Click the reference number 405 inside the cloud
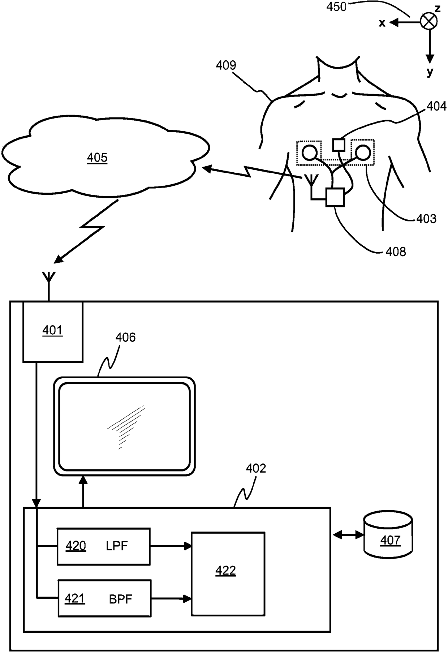tap(97, 158)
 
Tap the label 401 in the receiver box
tap(52, 330)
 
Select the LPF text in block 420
tap(117, 546)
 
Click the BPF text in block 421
tap(121, 599)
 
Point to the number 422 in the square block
tap(225, 571)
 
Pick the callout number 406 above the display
tap(125, 337)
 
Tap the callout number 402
tap(256, 468)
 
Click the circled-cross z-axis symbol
tap(429, 22)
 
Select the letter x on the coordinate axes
tap(382, 23)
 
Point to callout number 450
tap(336, 7)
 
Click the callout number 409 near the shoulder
tap(226, 65)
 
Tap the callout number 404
tap(436, 106)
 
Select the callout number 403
tap(426, 219)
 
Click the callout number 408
tap(396, 251)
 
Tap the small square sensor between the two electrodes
tap(339, 145)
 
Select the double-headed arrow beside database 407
tap(348, 535)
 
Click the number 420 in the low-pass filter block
tap(76, 546)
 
